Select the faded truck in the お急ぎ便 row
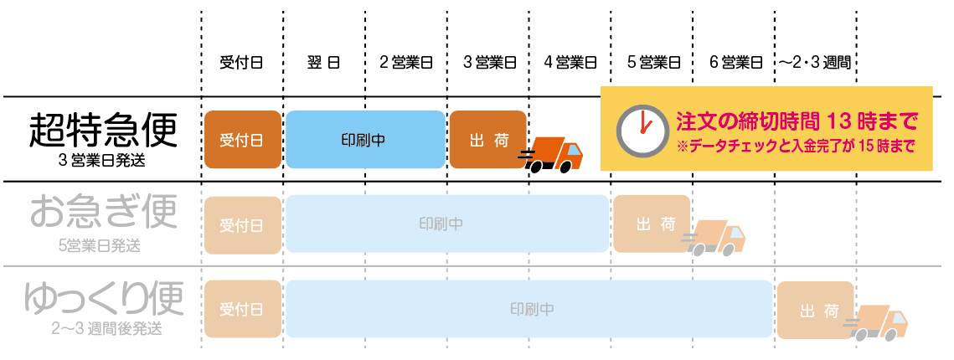717,238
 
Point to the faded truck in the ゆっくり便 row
879,323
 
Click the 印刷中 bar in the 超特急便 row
364,139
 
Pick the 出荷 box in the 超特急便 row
489,139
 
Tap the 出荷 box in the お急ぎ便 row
652,224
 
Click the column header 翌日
323,62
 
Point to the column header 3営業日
488,62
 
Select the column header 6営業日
735,62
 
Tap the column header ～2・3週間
815,62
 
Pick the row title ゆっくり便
104,299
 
